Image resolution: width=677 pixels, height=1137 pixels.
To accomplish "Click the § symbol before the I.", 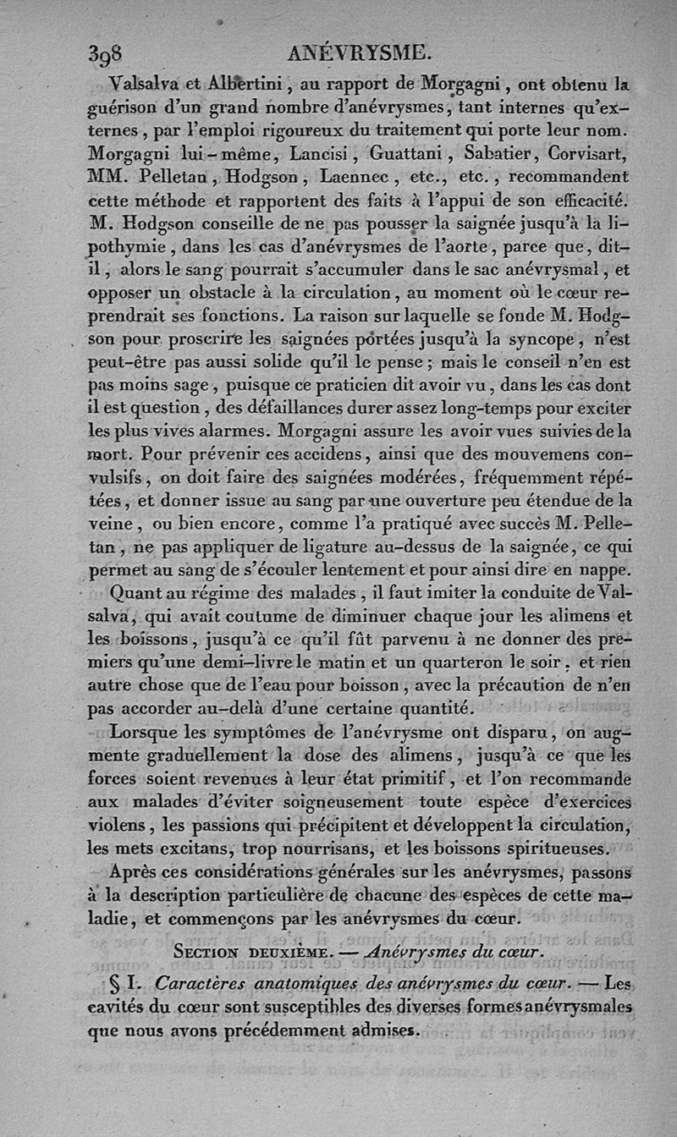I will pos(118,984).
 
